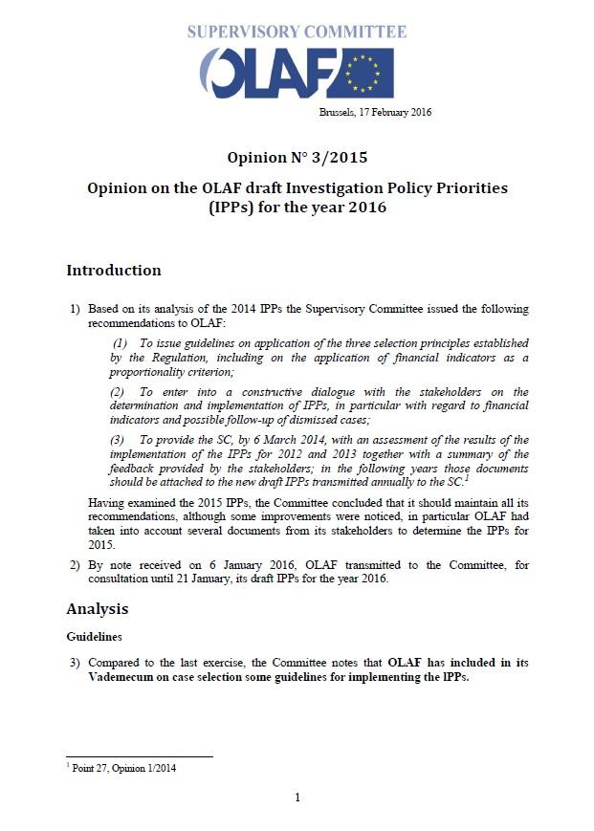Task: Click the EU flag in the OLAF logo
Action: point(364,73)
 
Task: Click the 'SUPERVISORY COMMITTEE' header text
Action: point(297,32)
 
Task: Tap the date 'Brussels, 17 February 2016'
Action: point(375,112)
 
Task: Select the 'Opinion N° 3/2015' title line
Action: point(297,157)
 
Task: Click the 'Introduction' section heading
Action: point(113,271)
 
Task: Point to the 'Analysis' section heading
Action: point(97,609)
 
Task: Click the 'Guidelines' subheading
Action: point(93,635)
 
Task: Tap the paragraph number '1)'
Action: point(74,310)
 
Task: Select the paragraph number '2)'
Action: point(74,565)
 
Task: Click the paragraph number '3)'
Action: point(74,663)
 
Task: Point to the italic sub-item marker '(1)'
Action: point(121,343)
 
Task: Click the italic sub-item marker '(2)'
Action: point(118,392)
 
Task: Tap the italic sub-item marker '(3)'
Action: point(118,441)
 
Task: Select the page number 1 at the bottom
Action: point(297,798)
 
